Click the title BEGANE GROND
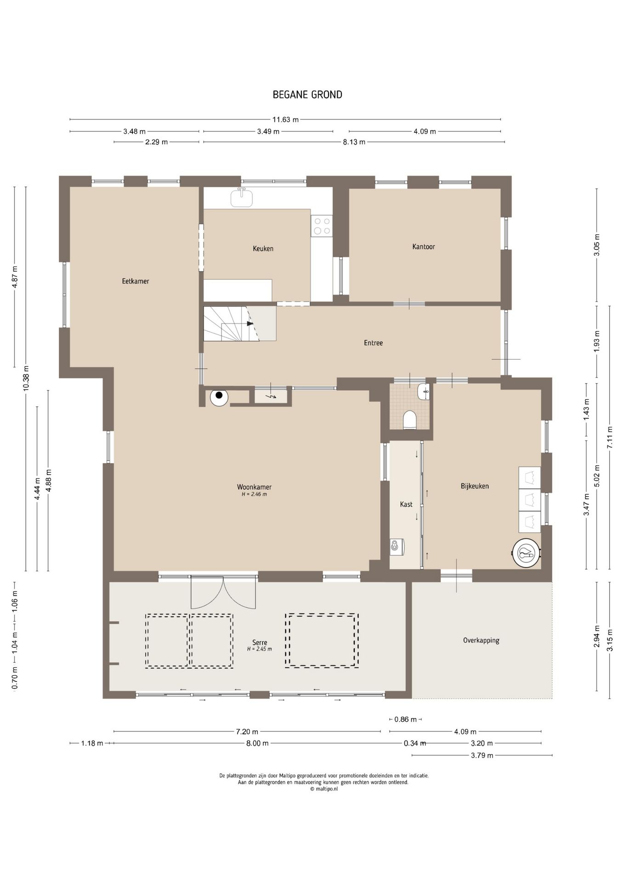click(x=307, y=95)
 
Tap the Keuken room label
click(x=263, y=249)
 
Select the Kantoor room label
click(x=424, y=247)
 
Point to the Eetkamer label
click(x=136, y=281)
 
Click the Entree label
click(x=373, y=343)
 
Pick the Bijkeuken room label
click(x=475, y=486)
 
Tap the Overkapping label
click(x=481, y=640)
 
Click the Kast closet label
click(x=406, y=504)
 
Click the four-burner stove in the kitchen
click(x=321, y=226)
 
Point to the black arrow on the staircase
click(x=250, y=323)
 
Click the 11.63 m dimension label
click(x=285, y=120)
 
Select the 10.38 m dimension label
click(x=26, y=378)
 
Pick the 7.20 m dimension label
click(x=247, y=731)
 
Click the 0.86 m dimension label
click(x=405, y=719)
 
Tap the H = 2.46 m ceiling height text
click(x=254, y=494)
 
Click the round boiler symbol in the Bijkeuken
click(x=526, y=554)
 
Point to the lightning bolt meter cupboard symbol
click(x=272, y=396)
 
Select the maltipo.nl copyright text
click(x=324, y=789)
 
